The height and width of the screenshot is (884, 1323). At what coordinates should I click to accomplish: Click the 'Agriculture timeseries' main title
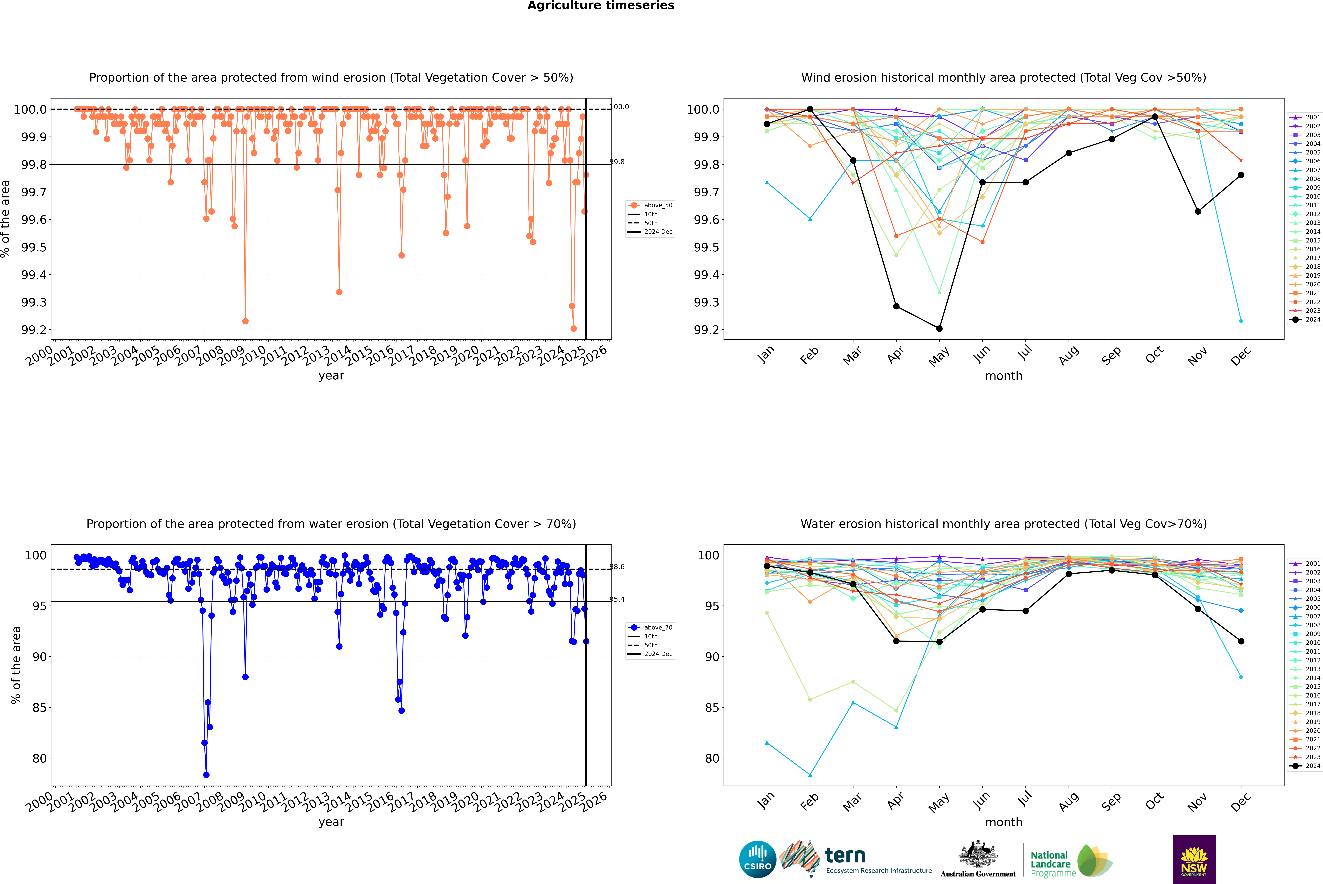pos(601,6)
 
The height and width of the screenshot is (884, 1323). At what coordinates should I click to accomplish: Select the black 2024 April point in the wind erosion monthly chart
pos(896,306)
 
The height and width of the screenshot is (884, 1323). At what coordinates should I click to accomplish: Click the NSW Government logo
pos(1194,859)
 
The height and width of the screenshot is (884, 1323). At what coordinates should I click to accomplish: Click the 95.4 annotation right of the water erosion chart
pos(617,599)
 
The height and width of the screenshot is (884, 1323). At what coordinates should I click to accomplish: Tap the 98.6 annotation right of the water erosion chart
pos(617,567)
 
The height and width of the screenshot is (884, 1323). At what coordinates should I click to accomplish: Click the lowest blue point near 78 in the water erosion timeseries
pos(206,775)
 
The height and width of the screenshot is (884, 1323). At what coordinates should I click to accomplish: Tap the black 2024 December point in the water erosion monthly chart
pos(1241,641)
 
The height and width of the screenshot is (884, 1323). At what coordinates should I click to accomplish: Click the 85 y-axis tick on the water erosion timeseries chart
pos(39,708)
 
